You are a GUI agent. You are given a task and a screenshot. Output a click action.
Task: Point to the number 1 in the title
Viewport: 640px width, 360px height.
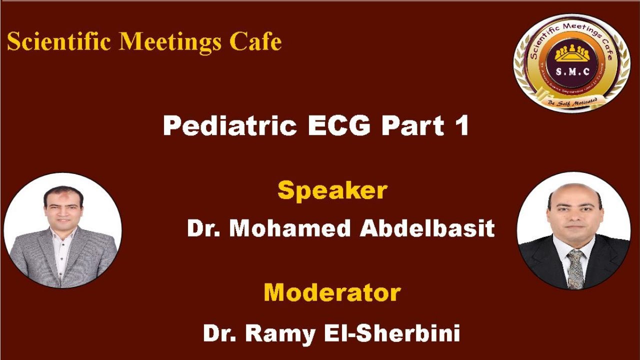(x=461, y=125)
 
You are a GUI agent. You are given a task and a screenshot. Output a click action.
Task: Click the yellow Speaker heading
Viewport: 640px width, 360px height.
(x=332, y=190)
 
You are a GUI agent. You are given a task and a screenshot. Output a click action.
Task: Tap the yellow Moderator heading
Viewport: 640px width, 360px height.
(x=332, y=292)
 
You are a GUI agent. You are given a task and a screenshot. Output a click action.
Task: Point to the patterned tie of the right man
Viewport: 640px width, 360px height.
(x=575, y=267)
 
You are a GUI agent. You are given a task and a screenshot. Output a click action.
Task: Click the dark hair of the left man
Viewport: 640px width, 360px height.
(x=62, y=192)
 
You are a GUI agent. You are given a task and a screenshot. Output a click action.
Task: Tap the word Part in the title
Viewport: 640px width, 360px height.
(x=412, y=125)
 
